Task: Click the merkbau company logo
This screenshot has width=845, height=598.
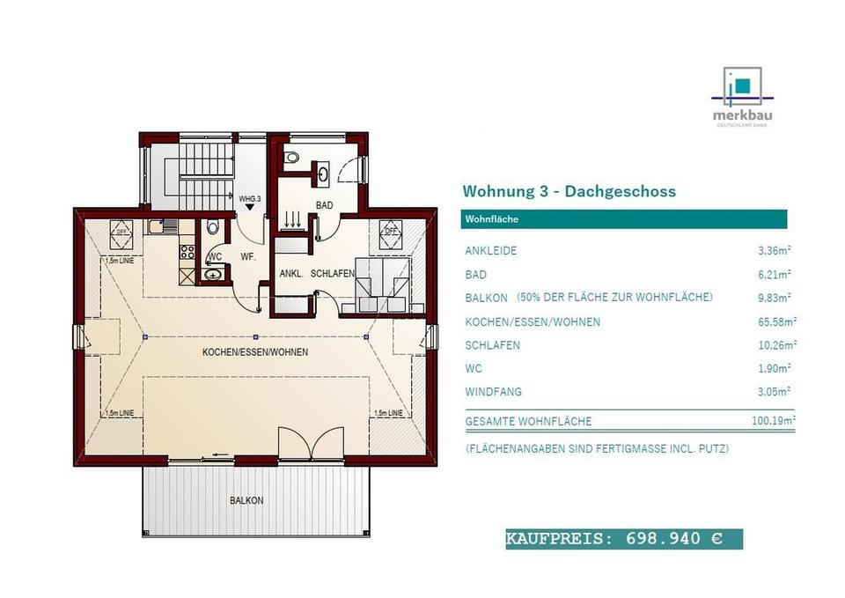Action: [x=744, y=96]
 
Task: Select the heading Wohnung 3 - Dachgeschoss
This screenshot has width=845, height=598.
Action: [x=569, y=191]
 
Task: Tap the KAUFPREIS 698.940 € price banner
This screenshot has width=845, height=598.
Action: [x=623, y=539]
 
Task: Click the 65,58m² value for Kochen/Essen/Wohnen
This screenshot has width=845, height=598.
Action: [x=776, y=322]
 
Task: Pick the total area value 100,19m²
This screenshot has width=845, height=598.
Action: [x=774, y=421]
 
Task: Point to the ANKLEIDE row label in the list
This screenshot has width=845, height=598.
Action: [x=491, y=251]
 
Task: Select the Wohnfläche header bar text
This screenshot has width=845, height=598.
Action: [x=491, y=220]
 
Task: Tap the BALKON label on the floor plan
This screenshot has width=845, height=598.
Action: [x=246, y=500]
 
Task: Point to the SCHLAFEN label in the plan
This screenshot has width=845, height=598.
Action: [x=332, y=274]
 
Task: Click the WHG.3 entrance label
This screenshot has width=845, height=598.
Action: [x=250, y=199]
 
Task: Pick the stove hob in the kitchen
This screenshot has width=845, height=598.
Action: [x=187, y=252]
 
